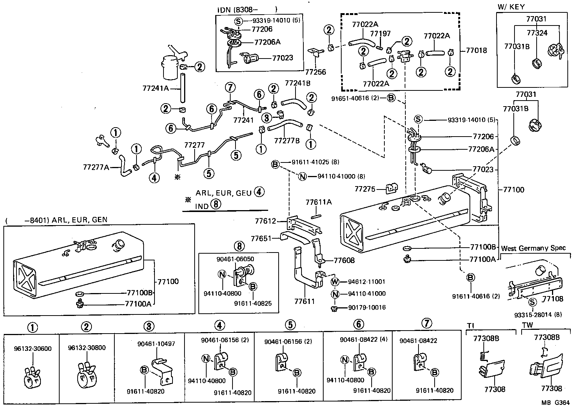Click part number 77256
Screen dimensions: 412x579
point(315,72)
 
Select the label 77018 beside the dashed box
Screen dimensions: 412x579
point(476,50)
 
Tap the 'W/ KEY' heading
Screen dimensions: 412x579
point(511,7)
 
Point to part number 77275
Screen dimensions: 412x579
point(365,189)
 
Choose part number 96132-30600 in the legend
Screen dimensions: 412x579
point(33,348)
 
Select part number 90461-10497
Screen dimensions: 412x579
point(156,343)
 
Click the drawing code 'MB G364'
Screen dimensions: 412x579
point(555,403)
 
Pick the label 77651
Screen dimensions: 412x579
point(261,238)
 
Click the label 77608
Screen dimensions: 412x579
point(344,260)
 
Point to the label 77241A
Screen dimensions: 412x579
point(156,89)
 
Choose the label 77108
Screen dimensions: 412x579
point(553,299)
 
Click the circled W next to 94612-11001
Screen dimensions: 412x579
point(335,281)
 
